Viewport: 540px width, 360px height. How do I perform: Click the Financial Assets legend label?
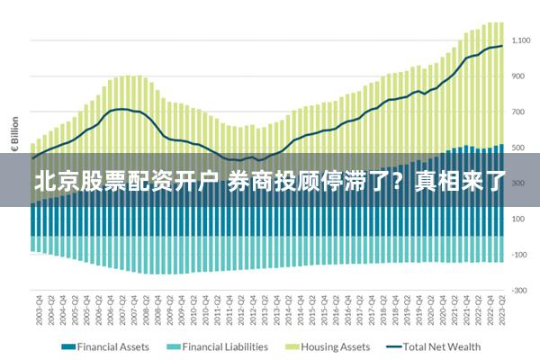[x=114, y=346]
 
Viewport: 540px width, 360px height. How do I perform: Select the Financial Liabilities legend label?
[x=224, y=346]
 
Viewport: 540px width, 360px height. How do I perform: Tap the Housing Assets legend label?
[x=335, y=346]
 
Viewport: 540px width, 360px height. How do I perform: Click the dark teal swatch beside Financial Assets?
[x=67, y=346]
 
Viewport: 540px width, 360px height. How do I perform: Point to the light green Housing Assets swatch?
[x=292, y=346]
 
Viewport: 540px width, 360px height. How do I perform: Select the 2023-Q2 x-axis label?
[x=501, y=310]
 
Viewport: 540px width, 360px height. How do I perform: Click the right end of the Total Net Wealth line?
[x=502, y=46]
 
